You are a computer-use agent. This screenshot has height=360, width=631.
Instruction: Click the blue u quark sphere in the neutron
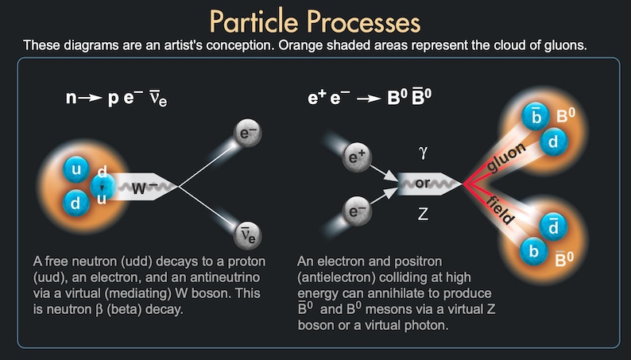coord(75,169)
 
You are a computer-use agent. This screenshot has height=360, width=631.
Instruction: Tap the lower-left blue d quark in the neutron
coord(75,203)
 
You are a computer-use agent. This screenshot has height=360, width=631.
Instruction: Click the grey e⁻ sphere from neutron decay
coord(248,134)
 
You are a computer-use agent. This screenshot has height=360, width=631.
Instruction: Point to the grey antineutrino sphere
coord(248,235)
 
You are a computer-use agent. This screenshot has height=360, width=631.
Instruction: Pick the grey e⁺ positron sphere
coord(357,157)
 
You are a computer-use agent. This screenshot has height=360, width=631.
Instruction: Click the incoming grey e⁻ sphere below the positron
coord(357,211)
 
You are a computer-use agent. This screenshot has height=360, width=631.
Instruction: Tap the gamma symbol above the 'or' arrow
coord(423,153)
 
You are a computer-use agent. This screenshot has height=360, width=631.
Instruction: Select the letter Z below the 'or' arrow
coord(423,214)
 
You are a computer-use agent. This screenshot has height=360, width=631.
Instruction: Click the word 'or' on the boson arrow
coord(422,184)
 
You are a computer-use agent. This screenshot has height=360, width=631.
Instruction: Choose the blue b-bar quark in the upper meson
coord(535,117)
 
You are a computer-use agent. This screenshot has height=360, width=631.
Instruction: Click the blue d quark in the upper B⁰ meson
coord(553,141)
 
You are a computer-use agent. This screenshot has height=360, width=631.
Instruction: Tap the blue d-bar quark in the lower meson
coord(553,226)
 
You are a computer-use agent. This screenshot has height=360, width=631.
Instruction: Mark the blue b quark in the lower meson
coord(533,251)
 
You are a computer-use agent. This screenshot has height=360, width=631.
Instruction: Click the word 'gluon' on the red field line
coord(506,157)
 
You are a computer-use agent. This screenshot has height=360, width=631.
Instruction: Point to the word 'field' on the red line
coord(500,210)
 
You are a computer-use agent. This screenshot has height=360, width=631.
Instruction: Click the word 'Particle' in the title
coord(256,21)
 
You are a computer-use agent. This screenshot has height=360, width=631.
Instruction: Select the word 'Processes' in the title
coord(364,22)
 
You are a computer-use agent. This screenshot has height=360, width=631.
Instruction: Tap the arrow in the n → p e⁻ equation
coord(90,98)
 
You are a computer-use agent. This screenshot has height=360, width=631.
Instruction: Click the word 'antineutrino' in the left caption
coord(225,277)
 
